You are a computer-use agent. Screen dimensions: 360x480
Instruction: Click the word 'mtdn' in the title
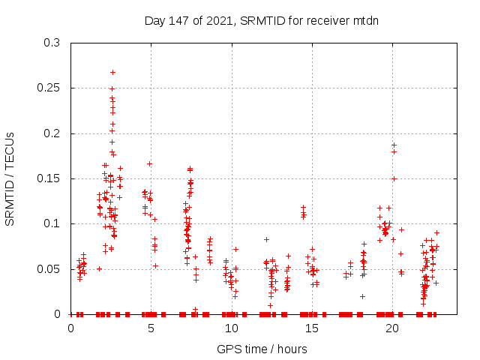coord(364,20)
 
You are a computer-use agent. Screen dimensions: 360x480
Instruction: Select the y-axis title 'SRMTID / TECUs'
coord(10,178)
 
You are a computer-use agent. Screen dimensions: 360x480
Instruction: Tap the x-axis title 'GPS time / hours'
coord(262,349)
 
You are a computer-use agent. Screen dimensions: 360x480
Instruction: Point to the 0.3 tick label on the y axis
coord(52,43)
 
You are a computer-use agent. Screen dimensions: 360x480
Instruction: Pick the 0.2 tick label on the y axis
coord(52,133)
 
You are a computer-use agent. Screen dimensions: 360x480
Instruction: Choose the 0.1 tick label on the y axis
coord(52,223)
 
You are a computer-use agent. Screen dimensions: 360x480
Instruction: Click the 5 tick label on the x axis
coord(151,328)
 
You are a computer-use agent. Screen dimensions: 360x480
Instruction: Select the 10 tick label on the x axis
coord(231,328)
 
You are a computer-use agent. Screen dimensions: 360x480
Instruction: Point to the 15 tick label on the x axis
coord(311,328)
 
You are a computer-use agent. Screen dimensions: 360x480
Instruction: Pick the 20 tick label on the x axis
coord(391,328)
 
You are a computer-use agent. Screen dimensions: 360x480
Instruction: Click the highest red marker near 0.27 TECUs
coord(112,72)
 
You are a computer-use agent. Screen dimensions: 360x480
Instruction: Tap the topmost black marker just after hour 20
coord(394,145)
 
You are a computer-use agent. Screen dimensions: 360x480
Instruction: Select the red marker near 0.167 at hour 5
coord(149,163)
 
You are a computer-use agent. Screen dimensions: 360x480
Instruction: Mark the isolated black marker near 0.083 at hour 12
coord(266,239)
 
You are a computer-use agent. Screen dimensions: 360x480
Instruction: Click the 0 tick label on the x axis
coord(70,328)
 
